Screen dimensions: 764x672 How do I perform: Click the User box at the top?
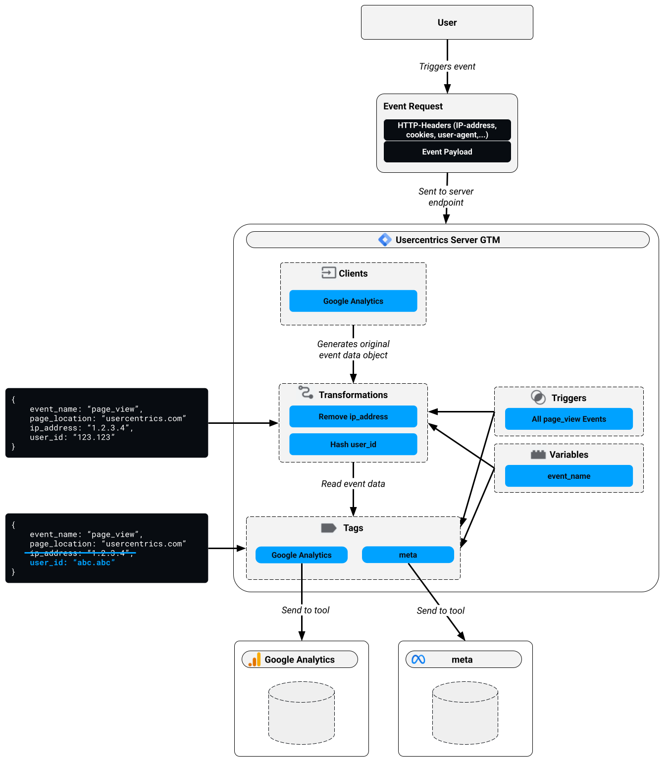447,22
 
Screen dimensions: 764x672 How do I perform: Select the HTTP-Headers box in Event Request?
447,130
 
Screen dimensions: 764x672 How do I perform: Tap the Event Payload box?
447,152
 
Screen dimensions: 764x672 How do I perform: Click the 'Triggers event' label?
447,66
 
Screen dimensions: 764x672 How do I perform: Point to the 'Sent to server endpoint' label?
446,197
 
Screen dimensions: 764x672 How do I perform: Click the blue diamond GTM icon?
385,240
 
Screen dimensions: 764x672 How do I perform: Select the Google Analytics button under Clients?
353,301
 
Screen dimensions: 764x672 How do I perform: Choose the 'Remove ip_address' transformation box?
353,416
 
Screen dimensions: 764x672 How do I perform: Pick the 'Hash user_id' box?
353,444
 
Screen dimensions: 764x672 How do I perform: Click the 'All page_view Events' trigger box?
569,419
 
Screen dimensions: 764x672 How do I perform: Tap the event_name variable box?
569,476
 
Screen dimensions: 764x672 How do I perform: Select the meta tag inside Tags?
408,555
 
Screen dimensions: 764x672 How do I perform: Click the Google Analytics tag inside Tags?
301,555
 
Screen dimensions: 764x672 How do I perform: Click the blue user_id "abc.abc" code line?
72,562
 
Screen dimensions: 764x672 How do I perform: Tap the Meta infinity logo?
418,660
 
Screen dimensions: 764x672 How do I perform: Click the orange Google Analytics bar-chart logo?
255,660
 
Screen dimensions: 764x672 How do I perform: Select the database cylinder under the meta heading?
465,713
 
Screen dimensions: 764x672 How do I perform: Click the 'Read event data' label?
353,484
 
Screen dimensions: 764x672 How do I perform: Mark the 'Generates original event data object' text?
353,350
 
